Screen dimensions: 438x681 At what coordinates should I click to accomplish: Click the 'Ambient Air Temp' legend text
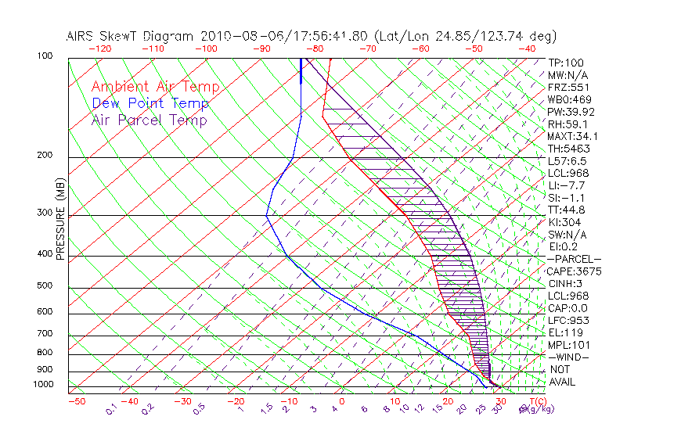coord(155,87)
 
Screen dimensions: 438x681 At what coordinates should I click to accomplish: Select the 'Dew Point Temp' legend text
coord(150,103)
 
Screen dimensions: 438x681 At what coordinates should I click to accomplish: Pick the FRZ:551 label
coord(568,87)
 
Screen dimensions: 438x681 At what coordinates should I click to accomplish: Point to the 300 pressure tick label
coord(45,213)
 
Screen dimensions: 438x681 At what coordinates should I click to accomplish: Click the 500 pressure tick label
coord(45,285)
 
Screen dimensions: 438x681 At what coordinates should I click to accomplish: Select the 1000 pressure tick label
coord(42,384)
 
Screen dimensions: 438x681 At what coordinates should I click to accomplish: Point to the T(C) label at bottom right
coord(533,401)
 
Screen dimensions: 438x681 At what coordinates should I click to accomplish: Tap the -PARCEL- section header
coord(574,259)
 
